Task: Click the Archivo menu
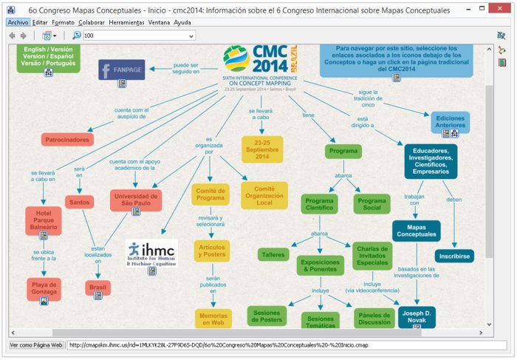click(x=18, y=22)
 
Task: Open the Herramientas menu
click(x=126, y=22)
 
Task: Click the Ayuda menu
click(x=182, y=22)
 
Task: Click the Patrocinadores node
click(x=67, y=139)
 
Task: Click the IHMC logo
click(x=151, y=252)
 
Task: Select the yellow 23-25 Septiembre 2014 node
click(x=262, y=149)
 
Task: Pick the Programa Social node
click(x=371, y=204)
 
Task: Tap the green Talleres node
click(x=273, y=254)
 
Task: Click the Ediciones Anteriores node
click(x=451, y=122)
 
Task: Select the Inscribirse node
click(x=453, y=256)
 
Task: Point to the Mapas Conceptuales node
click(x=417, y=230)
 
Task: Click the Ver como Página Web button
click(x=35, y=344)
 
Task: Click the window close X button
click(x=500, y=9)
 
